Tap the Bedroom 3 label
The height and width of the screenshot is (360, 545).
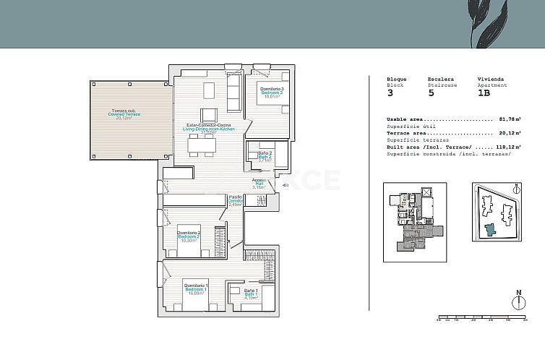(272, 92)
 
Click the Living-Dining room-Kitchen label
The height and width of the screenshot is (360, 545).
(208, 129)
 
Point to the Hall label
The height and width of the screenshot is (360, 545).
(259, 183)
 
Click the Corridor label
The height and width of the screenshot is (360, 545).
(235, 200)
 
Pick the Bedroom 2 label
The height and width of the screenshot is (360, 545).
(188, 236)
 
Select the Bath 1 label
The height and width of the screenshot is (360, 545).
(251, 293)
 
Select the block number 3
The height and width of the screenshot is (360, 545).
(390, 93)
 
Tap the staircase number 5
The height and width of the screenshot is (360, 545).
(431, 93)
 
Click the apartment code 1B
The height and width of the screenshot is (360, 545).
(484, 93)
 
